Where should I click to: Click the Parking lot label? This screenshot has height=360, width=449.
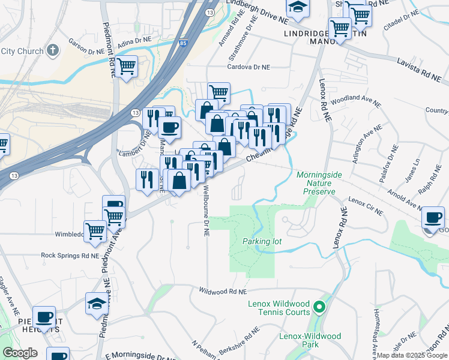pos(262,241)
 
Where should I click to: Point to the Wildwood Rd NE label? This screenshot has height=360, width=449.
pos(223,291)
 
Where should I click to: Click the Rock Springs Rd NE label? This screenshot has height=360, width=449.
pos(69,255)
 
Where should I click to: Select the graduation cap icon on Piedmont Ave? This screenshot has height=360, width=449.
pos(96,304)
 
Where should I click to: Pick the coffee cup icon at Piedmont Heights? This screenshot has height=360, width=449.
pos(43,317)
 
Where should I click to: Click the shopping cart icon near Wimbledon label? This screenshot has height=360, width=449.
pos(95,230)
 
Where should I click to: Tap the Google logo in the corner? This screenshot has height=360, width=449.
pos(20,353)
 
